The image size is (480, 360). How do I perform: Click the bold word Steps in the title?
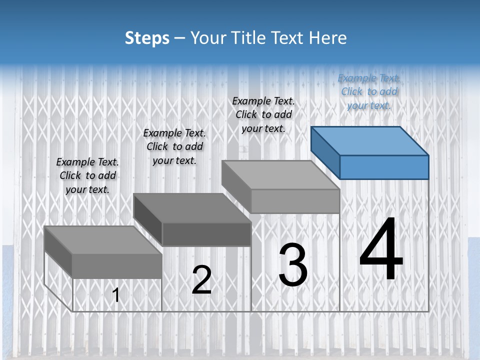click(x=147, y=38)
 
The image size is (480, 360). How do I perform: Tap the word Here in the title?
click(x=328, y=38)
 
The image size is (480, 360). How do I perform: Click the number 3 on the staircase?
click(x=293, y=265)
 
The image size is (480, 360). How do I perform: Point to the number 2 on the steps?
click(x=201, y=280)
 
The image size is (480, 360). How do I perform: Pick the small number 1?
click(x=116, y=295)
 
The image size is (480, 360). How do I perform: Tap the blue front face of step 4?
click(x=384, y=167)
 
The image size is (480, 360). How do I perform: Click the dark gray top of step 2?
click(x=192, y=208)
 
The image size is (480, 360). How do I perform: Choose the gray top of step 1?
click(x=103, y=240)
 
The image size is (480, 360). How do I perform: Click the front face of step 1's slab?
click(x=117, y=266)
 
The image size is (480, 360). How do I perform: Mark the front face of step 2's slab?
click(x=206, y=234)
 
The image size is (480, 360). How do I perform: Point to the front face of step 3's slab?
click(x=295, y=201)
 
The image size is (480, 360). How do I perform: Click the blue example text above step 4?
click(x=369, y=91)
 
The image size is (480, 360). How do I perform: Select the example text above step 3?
click(x=263, y=114)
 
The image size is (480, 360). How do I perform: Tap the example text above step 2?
click(x=174, y=146)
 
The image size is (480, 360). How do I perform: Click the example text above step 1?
click(x=87, y=175)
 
